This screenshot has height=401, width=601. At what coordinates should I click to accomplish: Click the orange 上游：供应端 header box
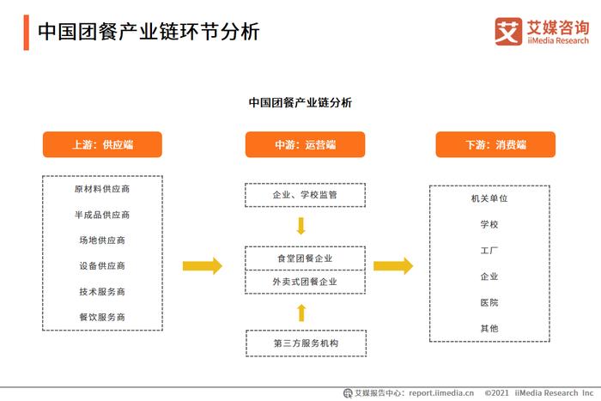[x=102, y=144]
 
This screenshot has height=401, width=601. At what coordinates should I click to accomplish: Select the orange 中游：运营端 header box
[x=305, y=144]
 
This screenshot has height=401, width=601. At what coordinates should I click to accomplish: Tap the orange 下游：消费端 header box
[x=495, y=144]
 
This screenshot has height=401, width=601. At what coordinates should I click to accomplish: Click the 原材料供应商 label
[x=102, y=189]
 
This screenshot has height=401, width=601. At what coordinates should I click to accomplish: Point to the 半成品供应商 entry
[x=102, y=215]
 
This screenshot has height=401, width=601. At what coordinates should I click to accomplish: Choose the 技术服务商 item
[x=102, y=292]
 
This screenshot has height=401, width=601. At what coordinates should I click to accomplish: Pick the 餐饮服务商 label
[x=102, y=317]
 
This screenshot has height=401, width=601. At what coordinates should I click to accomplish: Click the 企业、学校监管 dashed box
[x=305, y=195]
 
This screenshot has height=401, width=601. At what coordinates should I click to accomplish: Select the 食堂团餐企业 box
[x=305, y=258]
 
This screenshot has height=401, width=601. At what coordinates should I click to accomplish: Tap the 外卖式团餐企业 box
[x=305, y=283]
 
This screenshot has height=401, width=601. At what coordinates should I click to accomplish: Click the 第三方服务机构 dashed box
[x=306, y=343]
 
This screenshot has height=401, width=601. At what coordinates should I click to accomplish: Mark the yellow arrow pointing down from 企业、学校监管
[x=301, y=226]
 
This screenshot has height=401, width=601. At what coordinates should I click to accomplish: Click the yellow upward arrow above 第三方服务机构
[x=301, y=313]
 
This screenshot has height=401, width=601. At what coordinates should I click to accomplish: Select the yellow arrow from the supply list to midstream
[x=203, y=266]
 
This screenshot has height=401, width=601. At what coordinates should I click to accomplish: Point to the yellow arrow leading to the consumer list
[x=393, y=266]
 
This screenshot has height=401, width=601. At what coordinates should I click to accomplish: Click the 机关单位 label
[x=489, y=198]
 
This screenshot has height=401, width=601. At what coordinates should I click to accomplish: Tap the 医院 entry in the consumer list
[x=489, y=303]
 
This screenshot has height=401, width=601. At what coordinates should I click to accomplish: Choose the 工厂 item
[x=489, y=251]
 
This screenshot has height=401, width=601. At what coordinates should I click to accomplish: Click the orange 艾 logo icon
[x=508, y=32]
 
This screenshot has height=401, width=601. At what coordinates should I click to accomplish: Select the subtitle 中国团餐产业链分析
[x=300, y=103]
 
